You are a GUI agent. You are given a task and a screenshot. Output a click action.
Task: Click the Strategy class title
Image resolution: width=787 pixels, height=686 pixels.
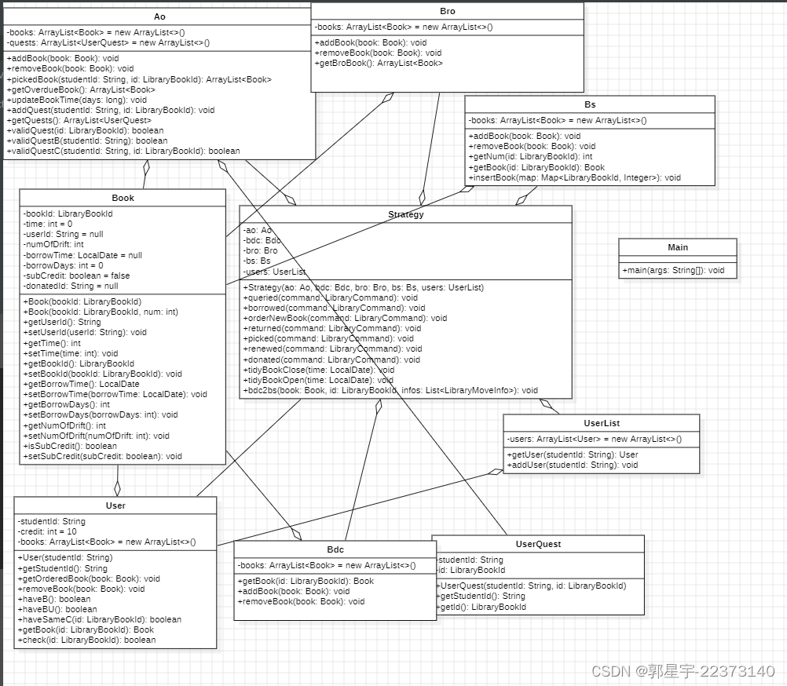point(405,214)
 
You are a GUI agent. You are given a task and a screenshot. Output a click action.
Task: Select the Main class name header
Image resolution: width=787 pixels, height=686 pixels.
point(677,247)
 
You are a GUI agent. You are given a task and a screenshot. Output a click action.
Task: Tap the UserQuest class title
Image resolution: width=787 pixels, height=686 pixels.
point(538,544)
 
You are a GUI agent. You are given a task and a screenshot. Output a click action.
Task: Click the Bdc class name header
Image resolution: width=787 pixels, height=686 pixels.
point(335,549)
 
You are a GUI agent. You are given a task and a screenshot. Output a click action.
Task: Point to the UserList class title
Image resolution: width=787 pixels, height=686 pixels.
point(602,423)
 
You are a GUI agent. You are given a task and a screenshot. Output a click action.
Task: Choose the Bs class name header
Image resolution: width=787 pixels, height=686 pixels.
point(590,104)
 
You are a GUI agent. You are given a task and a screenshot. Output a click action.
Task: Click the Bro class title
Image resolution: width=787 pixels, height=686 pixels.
point(448,11)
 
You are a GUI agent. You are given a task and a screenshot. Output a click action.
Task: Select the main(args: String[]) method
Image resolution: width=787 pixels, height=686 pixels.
point(673,270)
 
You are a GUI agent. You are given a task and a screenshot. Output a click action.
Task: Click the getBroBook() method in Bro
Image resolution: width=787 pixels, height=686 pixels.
point(379,63)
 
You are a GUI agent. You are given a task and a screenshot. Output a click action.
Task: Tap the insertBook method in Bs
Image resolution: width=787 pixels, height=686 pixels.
point(575,177)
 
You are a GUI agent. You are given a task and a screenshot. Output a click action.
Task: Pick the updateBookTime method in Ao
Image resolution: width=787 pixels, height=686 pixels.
point(77,100)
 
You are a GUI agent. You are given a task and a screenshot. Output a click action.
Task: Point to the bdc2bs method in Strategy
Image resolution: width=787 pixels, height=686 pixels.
point(391,390)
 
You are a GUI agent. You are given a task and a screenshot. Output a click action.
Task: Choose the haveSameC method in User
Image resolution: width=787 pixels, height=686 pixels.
point(99,619)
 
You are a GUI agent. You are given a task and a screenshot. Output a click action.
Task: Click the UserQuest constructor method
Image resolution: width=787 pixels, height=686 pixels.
point(532,586)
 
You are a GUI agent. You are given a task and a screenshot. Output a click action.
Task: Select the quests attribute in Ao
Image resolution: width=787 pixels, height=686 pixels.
point(108,42)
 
